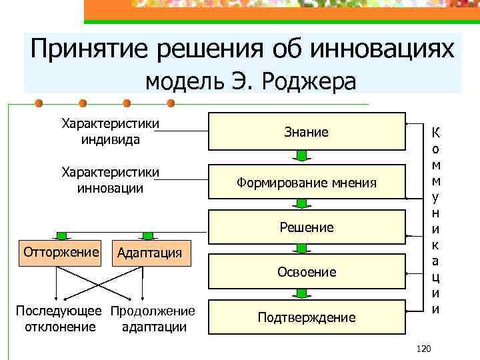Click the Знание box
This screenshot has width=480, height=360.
[x=307, y=132]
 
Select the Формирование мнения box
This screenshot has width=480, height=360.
[x=307, y=182]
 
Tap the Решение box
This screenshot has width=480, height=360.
[x=307, y=227]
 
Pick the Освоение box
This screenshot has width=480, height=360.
[x=307, y=272]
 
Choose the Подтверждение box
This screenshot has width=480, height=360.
[x=307, y=317]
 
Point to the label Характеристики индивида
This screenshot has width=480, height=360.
[x=110, y=131]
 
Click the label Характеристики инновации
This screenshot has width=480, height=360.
[x=110, y=180]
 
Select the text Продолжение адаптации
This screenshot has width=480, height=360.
[x=153, y=319]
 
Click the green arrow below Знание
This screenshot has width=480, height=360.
[x=301, y=156]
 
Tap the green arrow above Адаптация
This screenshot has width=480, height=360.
[x=148, y=235]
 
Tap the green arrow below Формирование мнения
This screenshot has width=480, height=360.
[x=301, y=204]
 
